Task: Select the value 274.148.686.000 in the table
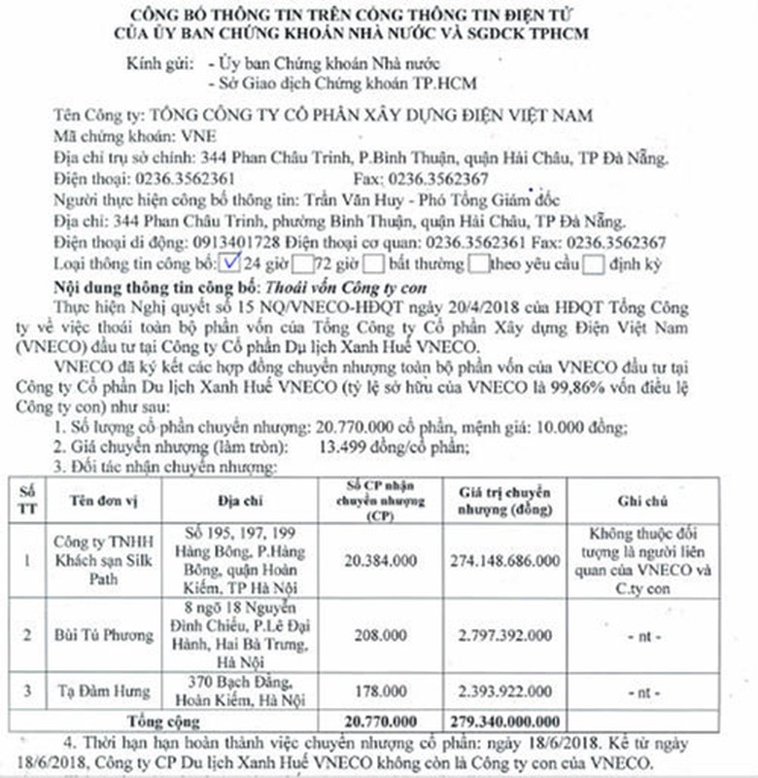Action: (x=504, y=561)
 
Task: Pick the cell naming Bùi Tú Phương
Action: (x=95, y=633)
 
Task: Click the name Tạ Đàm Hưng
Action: (x=95, y=691)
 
